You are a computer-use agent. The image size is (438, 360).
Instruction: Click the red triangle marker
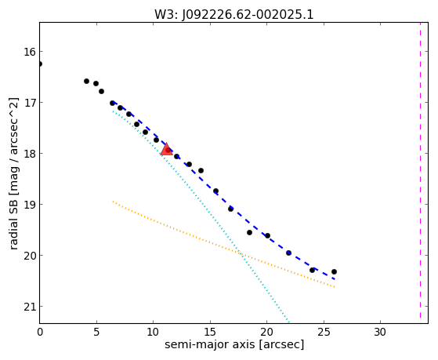click(x=166, y=149)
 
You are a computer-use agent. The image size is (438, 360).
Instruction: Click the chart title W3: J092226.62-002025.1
click(x=234, y=15)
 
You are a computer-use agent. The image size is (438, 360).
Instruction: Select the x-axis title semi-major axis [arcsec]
click(x=234, y=344)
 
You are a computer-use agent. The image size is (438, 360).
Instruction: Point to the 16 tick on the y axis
click(x=30, y=52)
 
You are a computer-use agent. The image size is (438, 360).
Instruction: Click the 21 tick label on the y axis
click(x=30, y=307)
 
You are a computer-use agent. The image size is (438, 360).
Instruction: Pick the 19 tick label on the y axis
click(x=30, y=205)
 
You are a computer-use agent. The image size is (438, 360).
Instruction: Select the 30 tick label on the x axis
click(x=380, y=333)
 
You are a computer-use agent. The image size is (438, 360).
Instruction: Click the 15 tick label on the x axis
click(x=210, y=333)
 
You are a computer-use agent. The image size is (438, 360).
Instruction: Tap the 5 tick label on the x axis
click(x=96, y=333)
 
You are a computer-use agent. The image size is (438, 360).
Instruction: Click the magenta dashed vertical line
click(x=420, y=170)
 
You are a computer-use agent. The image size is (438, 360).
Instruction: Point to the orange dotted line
click(x=223, y=244)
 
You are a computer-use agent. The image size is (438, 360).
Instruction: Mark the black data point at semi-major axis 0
click(x=40, y=64)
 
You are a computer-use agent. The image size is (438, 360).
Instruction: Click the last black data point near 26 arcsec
click(x=334, y=271)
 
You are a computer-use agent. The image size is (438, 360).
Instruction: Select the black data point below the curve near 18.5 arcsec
click(x=249, y=232)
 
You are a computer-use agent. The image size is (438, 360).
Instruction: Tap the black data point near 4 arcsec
click(x=87, y=81)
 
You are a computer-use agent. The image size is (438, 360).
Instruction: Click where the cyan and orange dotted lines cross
click(x=241, y=254)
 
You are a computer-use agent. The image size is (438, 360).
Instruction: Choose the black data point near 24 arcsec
click(x=312, y=271)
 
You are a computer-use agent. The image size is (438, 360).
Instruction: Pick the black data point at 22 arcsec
click(x=288, y=253)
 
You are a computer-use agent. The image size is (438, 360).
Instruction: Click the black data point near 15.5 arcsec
click(x=215, y=191)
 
